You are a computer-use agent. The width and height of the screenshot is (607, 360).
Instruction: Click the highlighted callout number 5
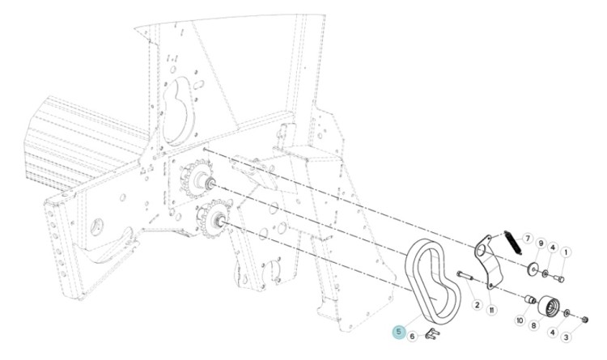pyautogui.click(x=399, y=332)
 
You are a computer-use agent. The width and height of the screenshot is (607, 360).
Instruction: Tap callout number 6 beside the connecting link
pyautogui.click(x=412, y=336)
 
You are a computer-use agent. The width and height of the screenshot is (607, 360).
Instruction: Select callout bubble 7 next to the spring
pyautogui.click(x=527, y=239)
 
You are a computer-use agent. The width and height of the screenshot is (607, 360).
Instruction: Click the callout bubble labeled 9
pyautogui.click(x=541, y=244)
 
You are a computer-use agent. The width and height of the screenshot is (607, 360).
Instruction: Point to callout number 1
pyautogui.click(x=566, y=252)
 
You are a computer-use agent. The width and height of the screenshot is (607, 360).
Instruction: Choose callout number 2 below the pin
pyautogui.click(x=477, y=305)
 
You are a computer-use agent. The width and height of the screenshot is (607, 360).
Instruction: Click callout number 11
pyautogui.click(x=491, y=310)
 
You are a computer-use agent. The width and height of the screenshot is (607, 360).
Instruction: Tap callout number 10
pyautogui.click(x=520, y=320)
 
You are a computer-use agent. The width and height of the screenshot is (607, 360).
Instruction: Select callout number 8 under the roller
pyautogui.click(x=534, y=325)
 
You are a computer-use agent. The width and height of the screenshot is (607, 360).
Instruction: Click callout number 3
pyautogui.click(x=566, y=337)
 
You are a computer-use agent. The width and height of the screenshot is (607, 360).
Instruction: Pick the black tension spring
pyautogui.click(x=513, y=243)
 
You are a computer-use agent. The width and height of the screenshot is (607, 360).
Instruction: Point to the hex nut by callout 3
pyautogui.click(x=585, y=320)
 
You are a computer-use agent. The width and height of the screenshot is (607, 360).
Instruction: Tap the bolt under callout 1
pyautogui.click(x=558, y=278)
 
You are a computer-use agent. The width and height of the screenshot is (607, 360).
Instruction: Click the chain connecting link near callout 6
pyautogui.click(x=432, y=333)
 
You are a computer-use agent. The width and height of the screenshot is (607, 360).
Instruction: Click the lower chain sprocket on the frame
pyautogui.click(x=214, y=219)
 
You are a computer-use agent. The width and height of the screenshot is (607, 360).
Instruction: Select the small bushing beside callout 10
pyautogui.click(x=529, y=299)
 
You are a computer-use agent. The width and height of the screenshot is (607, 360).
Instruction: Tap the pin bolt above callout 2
pyautogui.click(x=465, y=276)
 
